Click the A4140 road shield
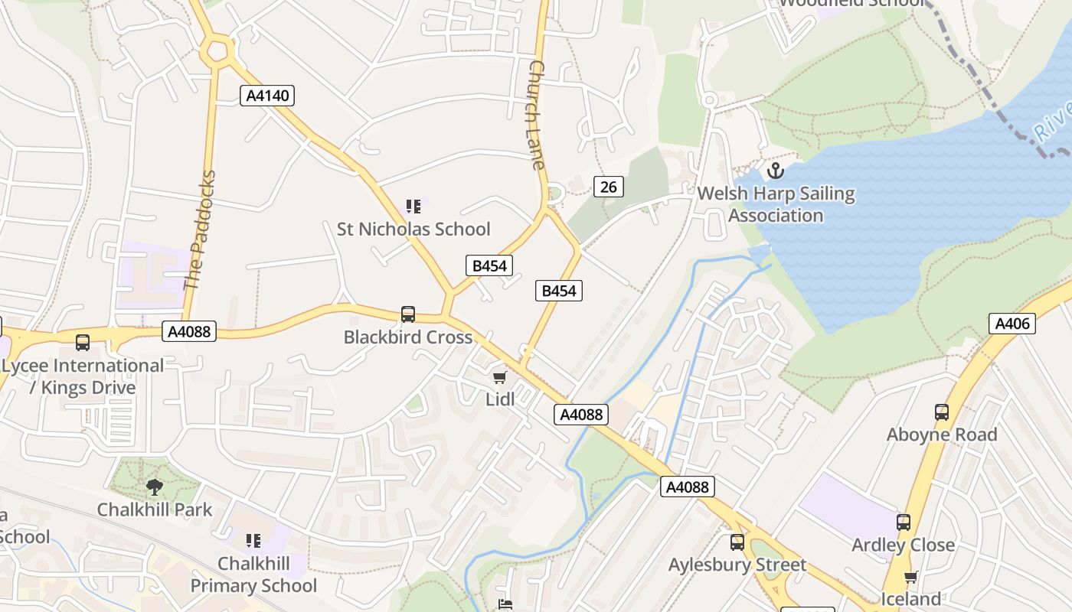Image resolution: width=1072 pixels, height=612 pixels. [266, 96]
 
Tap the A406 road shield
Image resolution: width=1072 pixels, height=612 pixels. [1012, 324]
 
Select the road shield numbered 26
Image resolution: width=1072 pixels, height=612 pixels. [608, 187]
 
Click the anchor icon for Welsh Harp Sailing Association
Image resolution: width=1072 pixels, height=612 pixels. [776, 170]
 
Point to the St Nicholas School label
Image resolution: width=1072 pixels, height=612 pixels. [413, 229]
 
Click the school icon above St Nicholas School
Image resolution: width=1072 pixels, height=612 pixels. [413, 206]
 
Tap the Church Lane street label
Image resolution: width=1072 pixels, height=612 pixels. [535, 115]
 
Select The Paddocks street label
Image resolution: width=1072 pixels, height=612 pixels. [201, 230]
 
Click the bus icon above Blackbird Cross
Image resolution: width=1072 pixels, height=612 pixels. [408, 314]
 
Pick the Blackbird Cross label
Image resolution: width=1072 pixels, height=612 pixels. [407, 337]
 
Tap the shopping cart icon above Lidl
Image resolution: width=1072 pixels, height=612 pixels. [500, 376]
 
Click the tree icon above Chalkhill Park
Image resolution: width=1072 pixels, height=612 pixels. [155, 487]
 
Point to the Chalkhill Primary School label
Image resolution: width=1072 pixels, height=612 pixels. [253, 575]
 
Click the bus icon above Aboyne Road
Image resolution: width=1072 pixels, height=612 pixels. [942, 412]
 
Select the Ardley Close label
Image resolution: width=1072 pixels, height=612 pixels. [903, 545]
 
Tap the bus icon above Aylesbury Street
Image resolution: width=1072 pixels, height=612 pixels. [737, 542]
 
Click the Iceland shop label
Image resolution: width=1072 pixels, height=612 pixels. [910, 598]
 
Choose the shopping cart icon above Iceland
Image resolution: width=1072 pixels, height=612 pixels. [910, 576]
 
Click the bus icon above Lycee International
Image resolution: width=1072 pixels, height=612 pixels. [83, 343]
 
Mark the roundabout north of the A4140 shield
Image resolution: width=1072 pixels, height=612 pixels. [217, 52]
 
